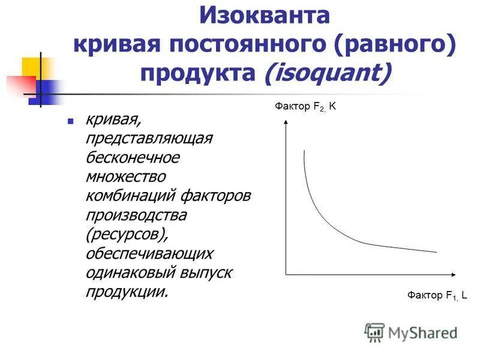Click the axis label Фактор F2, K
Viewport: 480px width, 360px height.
pyautogui.click(x=307, y=107)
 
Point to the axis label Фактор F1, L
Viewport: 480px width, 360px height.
pyautogui.click(x=437, y=295)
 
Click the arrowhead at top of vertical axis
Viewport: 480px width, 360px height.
pyautogui.click(x=287, y=122)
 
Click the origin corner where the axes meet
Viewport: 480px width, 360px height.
pyautogui.click(x=287, y=275)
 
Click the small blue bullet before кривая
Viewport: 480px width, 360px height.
pyautogui.click(x=70, y=121)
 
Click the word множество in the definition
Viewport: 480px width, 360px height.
pyautogui.click(x=126, y=176)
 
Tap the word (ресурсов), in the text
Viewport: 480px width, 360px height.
pyautogui.click(x=125, y=234)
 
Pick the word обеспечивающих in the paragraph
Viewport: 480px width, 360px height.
pyautogui.click(x=149, y=253)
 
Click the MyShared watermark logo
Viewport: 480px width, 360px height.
pyautogui.click(x=412, y=332)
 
